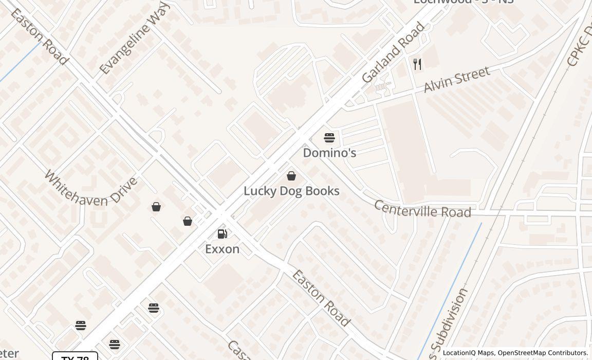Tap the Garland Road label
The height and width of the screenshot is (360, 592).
coord(394,52)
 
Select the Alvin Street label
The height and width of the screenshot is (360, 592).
coord(456,80)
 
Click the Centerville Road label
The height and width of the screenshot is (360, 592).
coord(422,209)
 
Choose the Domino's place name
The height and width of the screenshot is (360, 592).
coord(329,153)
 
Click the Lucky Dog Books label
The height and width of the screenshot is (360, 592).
coord(291,191)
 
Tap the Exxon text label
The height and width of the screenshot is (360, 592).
coord(222,249)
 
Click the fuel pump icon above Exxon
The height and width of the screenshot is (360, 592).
coord(223,234)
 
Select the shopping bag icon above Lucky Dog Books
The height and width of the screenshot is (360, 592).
coord(291,176)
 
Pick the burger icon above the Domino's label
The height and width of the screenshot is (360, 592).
coord(329,138)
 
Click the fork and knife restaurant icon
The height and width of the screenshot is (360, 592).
coord(417,64)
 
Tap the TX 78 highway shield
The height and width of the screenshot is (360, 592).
coord(75,357)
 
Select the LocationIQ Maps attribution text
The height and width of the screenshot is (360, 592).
coord(468,353)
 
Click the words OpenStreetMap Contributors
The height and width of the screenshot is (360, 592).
coord(543,353)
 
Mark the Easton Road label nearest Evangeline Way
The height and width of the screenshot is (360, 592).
coord(39,37)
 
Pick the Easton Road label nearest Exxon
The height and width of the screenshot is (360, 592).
coord(321,298)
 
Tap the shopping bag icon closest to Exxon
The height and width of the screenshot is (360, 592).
coord(188,221)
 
